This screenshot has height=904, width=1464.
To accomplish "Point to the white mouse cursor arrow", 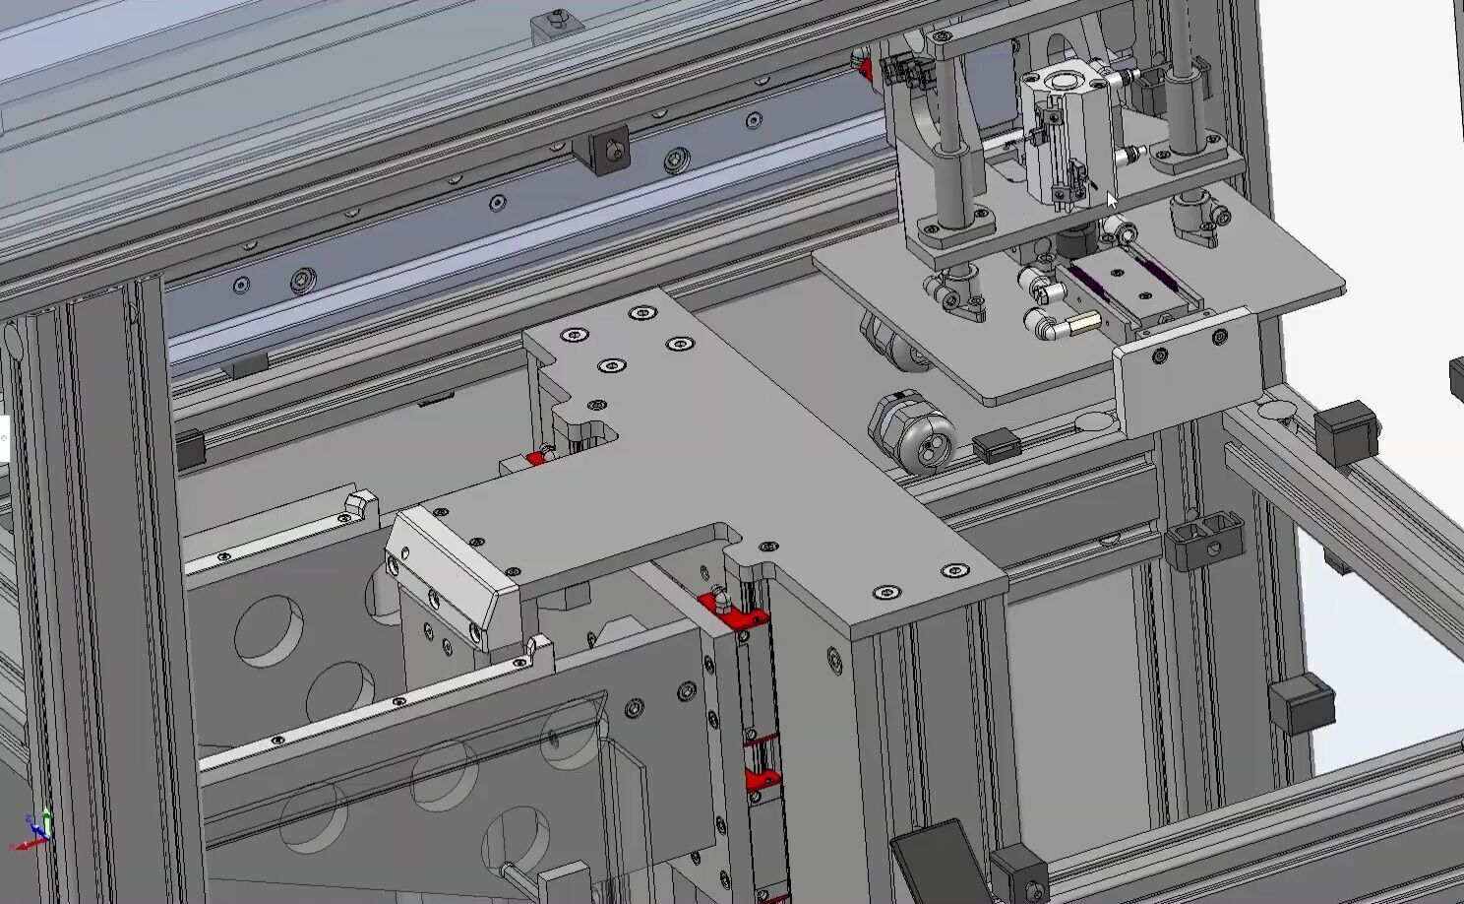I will [1113, 201].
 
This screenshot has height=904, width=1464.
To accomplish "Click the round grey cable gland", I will [911, 432].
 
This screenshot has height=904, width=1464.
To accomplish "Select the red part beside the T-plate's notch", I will [536, 458].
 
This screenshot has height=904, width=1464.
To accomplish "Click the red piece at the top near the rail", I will [865, 68].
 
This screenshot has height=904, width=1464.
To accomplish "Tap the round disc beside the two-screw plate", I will [1094, 422].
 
